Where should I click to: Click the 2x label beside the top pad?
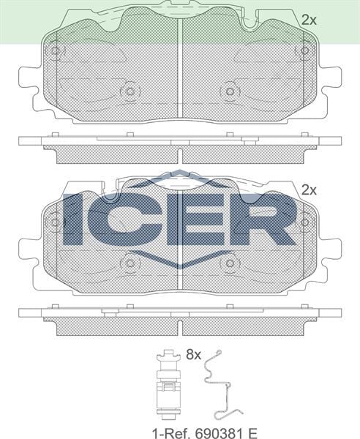click(309, 20)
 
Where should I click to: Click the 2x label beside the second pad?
click(309, 190)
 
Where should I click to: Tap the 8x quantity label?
click(193, 355)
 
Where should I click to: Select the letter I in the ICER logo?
click(75, 219)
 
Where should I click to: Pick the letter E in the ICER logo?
click(194, 219)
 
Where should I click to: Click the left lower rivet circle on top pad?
click(130, 91)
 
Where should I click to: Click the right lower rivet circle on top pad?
click(230, 91)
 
